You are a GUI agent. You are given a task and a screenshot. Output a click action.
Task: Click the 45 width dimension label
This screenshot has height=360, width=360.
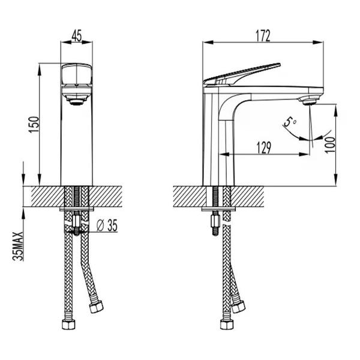tap(76, 36)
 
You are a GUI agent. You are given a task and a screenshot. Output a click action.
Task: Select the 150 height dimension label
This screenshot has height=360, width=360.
tap(34, 125)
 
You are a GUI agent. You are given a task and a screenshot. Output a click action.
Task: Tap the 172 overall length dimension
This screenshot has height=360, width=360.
tap(263, 36)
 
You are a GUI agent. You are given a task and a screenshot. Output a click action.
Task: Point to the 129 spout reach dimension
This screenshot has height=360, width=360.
tap(263, 148)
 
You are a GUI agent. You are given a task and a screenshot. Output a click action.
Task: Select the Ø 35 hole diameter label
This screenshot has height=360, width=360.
tap(107, 225)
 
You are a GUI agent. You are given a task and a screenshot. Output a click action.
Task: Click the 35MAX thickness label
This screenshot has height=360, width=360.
tap(18, 246)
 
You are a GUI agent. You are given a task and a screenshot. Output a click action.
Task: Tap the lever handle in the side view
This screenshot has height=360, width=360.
tap(241, 74)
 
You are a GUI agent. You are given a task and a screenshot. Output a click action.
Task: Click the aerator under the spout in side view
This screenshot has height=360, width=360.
tap(309, 101)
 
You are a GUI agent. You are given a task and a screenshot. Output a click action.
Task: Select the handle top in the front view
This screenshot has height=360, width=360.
tap(77, 74)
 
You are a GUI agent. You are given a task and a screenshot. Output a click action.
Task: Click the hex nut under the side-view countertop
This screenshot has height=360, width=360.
tap(215, 220)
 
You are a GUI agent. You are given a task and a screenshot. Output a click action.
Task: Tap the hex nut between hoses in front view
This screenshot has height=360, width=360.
tap(76, 221)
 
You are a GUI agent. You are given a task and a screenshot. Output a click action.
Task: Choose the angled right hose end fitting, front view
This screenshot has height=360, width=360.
tap(96, 306)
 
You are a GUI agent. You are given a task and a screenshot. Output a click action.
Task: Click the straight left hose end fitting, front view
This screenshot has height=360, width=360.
tap(68, 325)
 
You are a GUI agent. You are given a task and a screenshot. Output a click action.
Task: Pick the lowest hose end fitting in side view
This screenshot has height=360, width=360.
tap(227, 325)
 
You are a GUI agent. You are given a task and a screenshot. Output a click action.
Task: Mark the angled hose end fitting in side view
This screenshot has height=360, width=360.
tap(238, 306)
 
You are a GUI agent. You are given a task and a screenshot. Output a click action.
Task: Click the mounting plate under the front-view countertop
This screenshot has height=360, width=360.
tap(77, 209)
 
